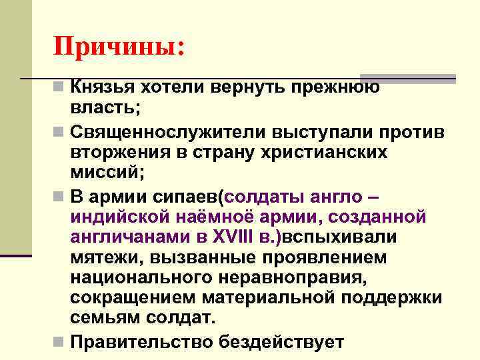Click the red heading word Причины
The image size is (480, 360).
118,47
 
